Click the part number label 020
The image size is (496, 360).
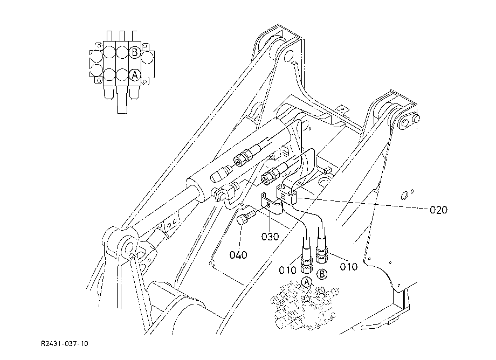438,210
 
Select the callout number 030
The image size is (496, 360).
270,237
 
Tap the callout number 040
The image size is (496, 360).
238,255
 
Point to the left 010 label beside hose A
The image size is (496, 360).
287,270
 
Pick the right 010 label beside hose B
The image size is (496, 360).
349,267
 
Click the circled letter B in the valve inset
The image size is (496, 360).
135,52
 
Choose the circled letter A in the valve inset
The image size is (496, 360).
135,75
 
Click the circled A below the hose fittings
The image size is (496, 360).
307,282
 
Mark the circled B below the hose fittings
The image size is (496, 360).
322,274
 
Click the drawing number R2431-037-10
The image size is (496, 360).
65,344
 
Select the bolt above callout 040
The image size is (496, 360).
245,218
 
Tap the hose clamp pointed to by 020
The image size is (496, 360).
287,194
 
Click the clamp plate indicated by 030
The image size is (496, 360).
271,204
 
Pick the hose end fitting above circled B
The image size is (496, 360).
322,252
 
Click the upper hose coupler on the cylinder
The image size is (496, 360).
245,157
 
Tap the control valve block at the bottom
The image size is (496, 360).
304,306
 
